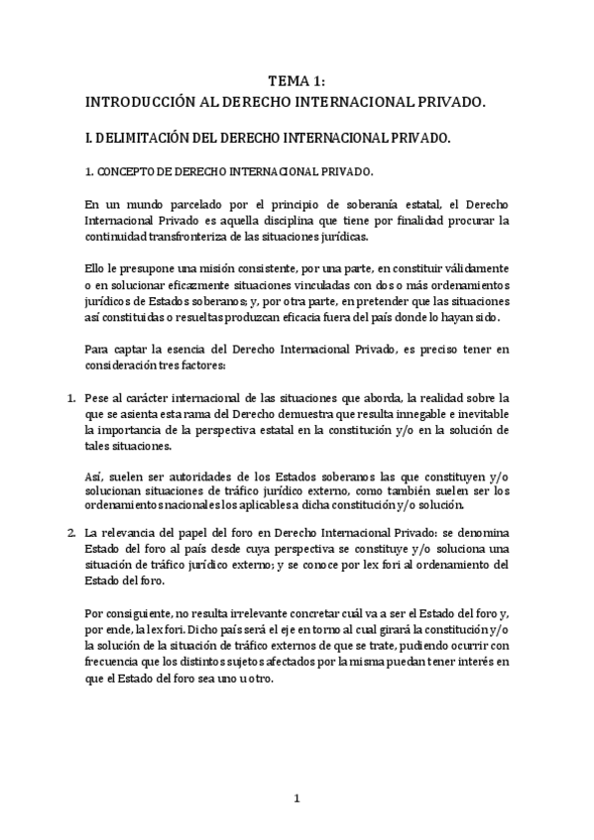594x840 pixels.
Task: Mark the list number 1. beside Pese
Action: tap(70, 398)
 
